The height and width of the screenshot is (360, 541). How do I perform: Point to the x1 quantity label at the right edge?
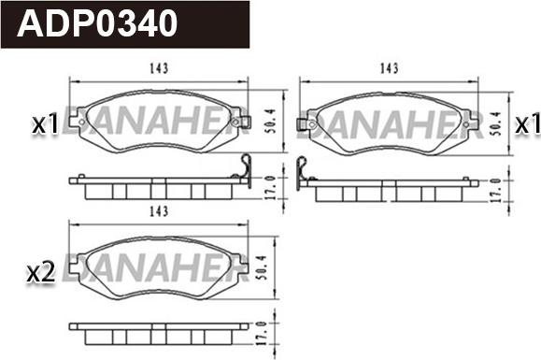click(x=528, y=122)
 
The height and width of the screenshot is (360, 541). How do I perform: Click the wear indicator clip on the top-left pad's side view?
click(x=246, y=169)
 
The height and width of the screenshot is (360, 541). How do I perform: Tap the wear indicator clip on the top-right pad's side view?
click(x=303, y=169)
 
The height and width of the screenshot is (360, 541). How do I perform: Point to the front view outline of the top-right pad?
click(x=387, y=122)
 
